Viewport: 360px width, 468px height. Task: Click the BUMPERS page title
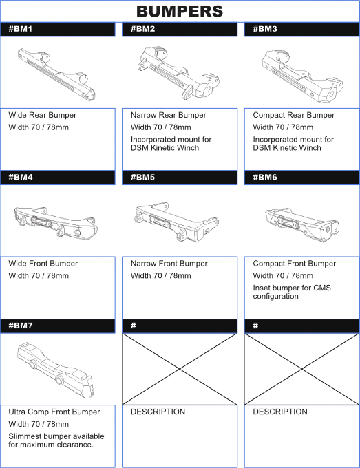[180, 11]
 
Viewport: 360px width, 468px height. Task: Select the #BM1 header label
[20, 29]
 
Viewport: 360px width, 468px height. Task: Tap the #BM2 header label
[142, 29]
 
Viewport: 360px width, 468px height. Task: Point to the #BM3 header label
[265, 29]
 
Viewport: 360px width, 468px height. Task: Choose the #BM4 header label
[21, 178]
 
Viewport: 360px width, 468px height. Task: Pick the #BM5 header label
[142, 178]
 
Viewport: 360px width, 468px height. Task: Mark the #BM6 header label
[265, 178]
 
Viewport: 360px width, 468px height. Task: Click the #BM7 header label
[20, 326]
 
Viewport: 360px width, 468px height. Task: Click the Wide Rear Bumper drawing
[56, 74]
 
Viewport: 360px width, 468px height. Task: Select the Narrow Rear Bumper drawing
[178, 73]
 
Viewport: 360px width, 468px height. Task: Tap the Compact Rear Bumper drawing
[302, 76]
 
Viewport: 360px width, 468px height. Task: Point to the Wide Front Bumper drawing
[56, 223]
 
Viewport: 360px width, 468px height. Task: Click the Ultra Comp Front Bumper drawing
[56, 370]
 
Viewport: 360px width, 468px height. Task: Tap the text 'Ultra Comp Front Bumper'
[54, 412]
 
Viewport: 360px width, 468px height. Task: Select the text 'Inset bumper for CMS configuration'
[292, 292]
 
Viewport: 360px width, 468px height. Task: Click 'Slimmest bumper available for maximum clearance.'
[56, 440]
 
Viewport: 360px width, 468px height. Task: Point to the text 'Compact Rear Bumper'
[293, 115]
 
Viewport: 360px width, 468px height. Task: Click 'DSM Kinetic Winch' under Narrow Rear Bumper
[165, 148]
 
